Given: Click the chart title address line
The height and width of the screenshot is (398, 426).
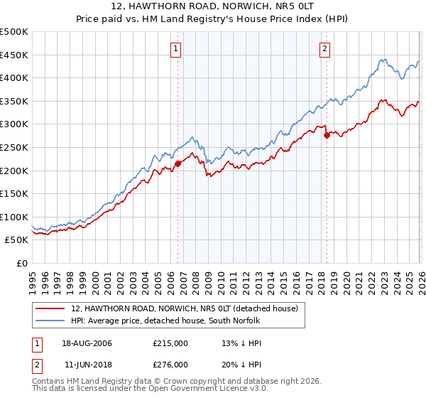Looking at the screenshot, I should click(212, 6).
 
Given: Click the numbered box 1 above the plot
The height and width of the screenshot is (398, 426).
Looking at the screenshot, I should click(175, 49).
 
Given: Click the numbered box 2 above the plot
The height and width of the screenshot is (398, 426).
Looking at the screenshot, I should click(324, 49).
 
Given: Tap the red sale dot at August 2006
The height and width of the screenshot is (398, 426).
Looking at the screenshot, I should click(177, 163).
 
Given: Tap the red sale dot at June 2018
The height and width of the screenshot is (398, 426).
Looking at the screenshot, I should click(327, 135).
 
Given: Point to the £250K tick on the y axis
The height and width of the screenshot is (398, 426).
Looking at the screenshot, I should click(14, 147).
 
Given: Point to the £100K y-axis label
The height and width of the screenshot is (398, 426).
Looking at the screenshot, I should click(14, 217).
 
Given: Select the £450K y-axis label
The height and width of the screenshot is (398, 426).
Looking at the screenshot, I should click(14, 55).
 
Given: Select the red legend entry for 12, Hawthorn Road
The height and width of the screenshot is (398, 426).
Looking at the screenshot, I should click(187, 308).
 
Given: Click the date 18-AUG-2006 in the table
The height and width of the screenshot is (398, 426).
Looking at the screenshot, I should click(87, 343).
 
